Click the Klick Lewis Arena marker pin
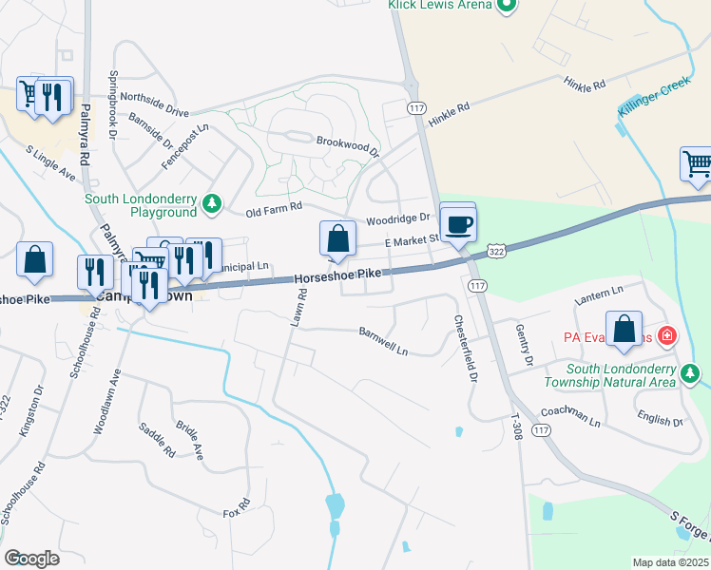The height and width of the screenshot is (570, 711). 506,6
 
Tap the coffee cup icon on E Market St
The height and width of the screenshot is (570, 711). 459,224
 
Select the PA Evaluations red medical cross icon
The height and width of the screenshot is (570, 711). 667,336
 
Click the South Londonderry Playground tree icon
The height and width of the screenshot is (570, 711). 215,202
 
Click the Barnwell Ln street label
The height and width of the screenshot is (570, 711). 383,342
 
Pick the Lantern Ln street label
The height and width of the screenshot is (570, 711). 599,294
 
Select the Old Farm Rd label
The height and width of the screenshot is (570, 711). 273,208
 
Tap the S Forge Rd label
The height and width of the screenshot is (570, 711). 688,531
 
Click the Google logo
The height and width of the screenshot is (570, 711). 31,559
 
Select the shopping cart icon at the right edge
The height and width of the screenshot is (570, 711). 697,164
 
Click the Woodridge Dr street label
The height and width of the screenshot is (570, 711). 399,219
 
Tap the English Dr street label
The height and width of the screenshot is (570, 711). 660,419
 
